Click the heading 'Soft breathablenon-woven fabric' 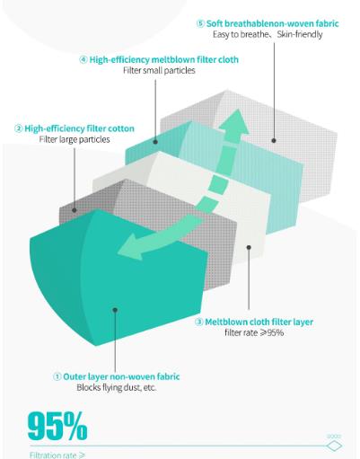(x=273, y=23)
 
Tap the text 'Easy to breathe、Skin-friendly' (x=268, y=34)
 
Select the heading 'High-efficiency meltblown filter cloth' (x=164, y=59)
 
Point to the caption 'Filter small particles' (x=159, y=70)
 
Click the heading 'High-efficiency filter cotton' (x=79, y=128)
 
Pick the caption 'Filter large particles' (x=75, y=139)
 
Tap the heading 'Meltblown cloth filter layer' (x=259, y=322)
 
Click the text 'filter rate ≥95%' (x=254, y=332)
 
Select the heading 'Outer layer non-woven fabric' (x=121, y=376)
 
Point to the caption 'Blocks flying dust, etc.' (x=117, y=387)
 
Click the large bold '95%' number (x=57, y=426)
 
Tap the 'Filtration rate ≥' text (x=57, y=455)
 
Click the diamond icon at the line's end (x=334, y=446)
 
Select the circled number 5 (x=201, y=23)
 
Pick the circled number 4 (x=83, y=59)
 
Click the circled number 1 (x=57, y=376)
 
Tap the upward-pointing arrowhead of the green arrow (x=234, y=121)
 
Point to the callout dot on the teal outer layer (x=115, y=310)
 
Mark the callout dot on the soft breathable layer (x=274, y=140)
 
